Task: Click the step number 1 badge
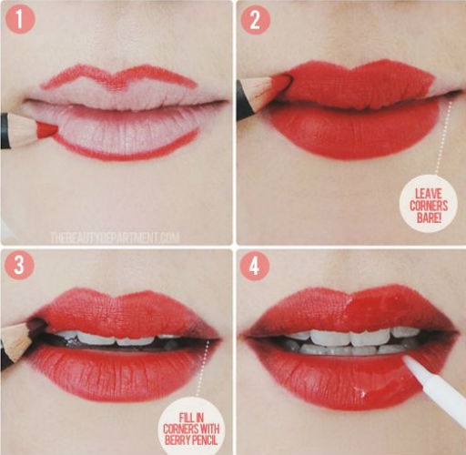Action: (20, 19)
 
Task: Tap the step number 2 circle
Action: (255, 20)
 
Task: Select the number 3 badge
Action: (19, 265)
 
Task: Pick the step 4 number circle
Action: (255, 266)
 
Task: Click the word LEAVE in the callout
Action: (429, 194)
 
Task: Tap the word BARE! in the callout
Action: (429, 217)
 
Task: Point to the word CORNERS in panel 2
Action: (429, 206)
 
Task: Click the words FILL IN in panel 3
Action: (191, 418)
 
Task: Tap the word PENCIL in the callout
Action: (204, 440)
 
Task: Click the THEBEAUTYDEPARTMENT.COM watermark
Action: (115, 238)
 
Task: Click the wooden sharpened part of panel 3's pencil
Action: (15, 341)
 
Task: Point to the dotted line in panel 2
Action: (443, 138)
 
